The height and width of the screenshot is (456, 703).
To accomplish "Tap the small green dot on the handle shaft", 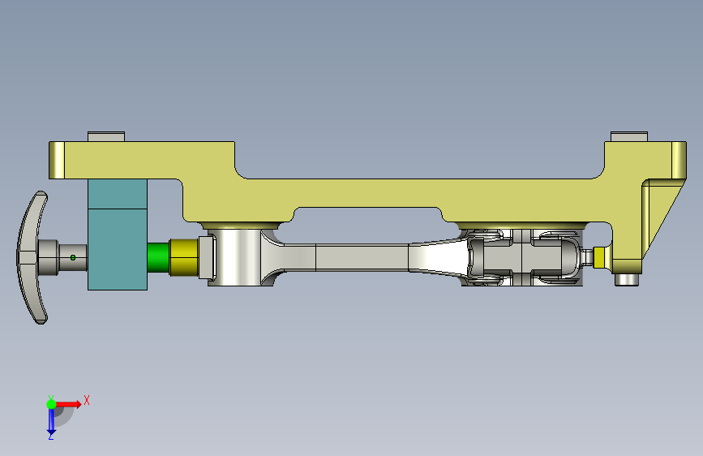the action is click(73, 258).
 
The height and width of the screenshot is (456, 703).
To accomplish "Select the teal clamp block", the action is click(118, 234).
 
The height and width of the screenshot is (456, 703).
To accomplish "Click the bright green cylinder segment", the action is click(158, 258).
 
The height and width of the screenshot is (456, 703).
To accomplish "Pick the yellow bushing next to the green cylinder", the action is click(184, 258).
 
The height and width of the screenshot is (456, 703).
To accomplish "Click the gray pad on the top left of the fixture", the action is click(106, 136).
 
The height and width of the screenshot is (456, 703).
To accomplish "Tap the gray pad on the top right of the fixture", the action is click(629, 136).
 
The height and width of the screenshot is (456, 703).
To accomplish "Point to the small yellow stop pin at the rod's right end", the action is click(599, 257).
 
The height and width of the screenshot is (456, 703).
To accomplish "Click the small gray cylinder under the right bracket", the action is click(627, 280).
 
